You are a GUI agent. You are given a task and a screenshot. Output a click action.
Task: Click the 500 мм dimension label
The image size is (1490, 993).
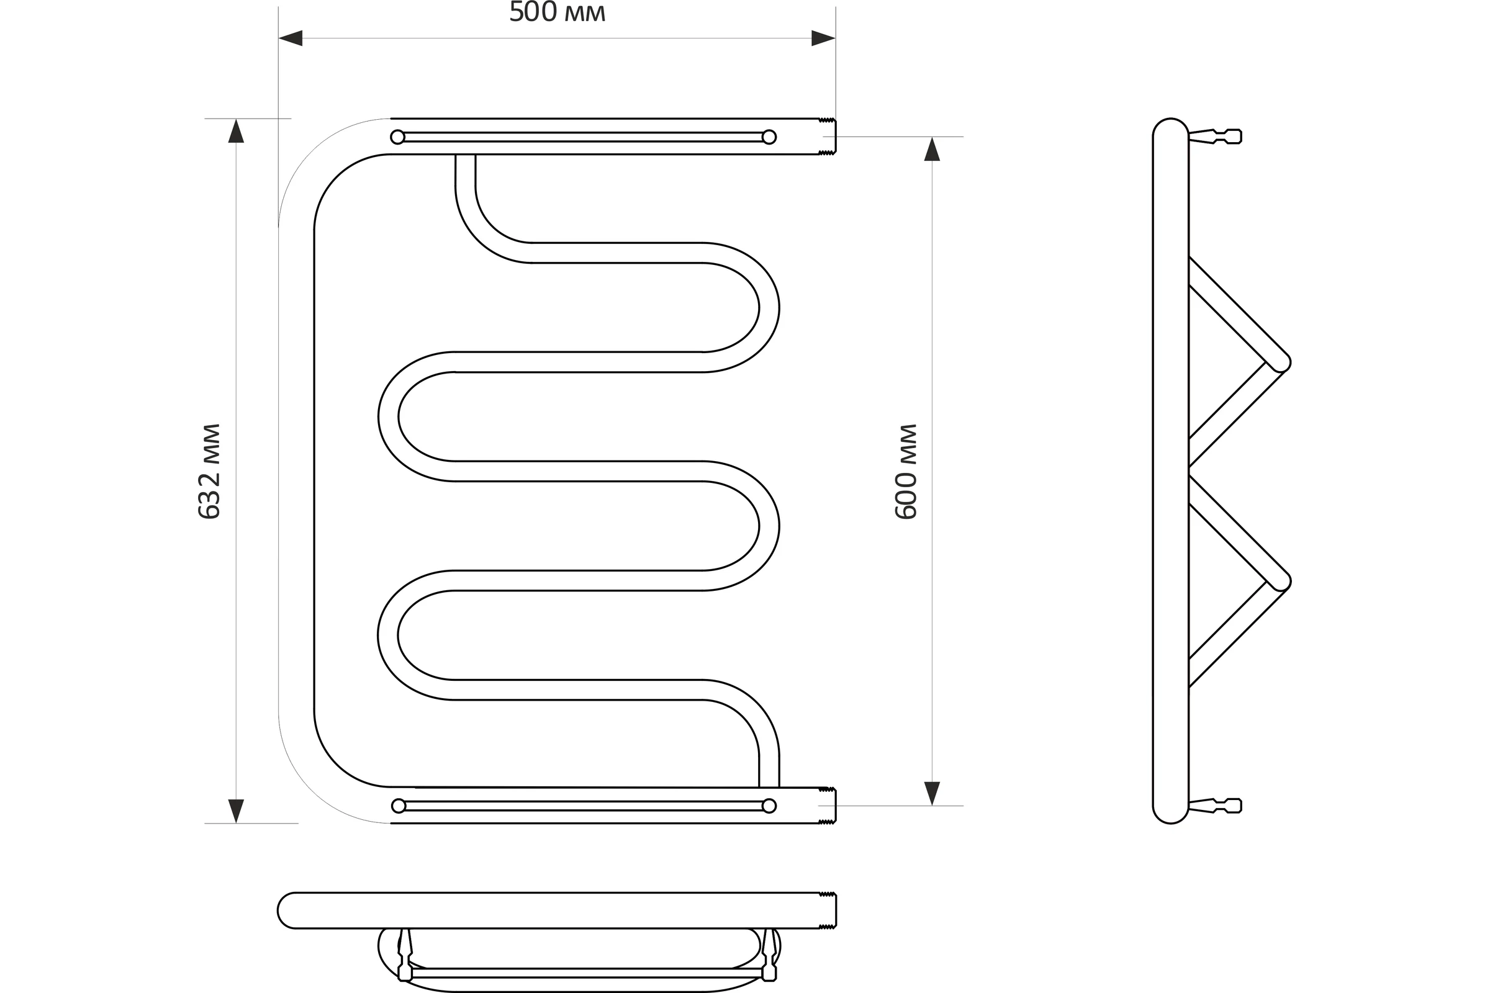click(558, 12)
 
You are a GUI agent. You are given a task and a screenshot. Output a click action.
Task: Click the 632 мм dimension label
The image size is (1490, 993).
click(209, 471)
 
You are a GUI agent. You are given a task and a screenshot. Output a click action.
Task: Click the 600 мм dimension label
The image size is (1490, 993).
click(906, 471)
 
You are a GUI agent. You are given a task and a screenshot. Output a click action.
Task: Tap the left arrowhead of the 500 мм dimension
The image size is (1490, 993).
click(291, 38)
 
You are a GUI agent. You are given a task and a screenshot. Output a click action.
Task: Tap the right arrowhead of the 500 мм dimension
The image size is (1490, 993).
click(824, 38)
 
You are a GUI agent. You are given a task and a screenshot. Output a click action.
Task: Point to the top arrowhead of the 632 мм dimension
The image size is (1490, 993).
click(237, 130)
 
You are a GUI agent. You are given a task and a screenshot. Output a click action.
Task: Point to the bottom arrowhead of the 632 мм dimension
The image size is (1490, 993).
click(237, 811)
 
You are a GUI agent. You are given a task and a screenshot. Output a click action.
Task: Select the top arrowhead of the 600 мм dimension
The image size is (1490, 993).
click(932, 149)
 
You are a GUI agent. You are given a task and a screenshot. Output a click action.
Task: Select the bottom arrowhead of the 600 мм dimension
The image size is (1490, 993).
click(932, 794)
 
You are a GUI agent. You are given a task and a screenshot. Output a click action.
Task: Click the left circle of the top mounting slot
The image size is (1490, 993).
click(397, 137)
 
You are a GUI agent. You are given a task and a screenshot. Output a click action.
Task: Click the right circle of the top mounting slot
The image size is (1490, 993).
click(769, 137)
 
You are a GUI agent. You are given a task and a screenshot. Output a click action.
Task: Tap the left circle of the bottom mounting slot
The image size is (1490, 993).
click(399, 806)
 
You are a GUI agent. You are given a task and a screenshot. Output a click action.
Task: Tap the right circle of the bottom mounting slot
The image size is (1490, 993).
click(769, 806)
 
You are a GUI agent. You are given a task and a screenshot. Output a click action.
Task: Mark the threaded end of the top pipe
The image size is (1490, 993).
click(828, 136)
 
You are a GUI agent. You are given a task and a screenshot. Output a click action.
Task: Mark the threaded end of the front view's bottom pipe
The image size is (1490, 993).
click(828, 806)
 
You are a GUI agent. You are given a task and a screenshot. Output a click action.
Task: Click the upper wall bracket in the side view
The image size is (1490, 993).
click(1215, 136)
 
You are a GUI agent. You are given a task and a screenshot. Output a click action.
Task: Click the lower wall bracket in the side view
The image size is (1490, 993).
click(1215, 806)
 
